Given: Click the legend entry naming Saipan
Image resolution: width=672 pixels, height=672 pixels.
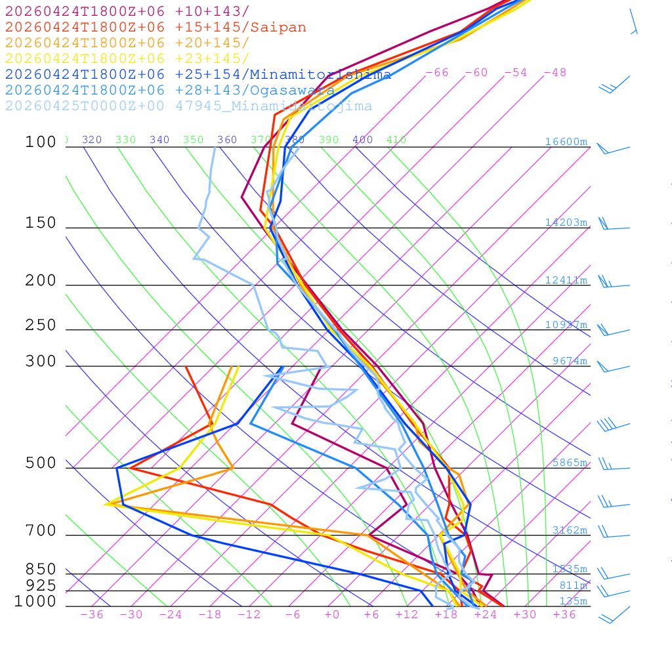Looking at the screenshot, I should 156,28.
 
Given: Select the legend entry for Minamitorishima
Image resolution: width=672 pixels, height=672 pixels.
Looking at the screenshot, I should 198,74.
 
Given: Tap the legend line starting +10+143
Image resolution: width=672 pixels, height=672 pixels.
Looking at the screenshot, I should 127,11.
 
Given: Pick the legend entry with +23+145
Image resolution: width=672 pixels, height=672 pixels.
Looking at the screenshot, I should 127,58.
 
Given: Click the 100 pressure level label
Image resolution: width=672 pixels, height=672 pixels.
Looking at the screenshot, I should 41,142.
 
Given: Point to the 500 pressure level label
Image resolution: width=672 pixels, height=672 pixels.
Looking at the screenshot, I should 41,463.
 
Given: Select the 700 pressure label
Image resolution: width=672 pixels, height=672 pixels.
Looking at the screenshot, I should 41,531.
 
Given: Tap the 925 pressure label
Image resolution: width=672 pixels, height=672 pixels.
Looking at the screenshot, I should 41,585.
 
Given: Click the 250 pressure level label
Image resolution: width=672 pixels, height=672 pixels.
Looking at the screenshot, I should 41,325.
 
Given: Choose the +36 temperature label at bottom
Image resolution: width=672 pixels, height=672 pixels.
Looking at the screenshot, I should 564,615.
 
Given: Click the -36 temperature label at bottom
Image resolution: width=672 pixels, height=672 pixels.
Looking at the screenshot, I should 92,615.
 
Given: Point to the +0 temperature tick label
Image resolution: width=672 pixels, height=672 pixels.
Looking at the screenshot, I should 332,615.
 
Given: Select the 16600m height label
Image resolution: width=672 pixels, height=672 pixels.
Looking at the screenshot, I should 566,142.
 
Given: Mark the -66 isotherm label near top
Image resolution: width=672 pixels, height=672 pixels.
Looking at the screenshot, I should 437,73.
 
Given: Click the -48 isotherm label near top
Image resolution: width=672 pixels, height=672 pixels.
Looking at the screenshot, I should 555,73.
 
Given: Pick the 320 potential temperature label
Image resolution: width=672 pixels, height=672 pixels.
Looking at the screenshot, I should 92,140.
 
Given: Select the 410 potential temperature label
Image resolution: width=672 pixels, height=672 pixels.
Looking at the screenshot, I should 396,140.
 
